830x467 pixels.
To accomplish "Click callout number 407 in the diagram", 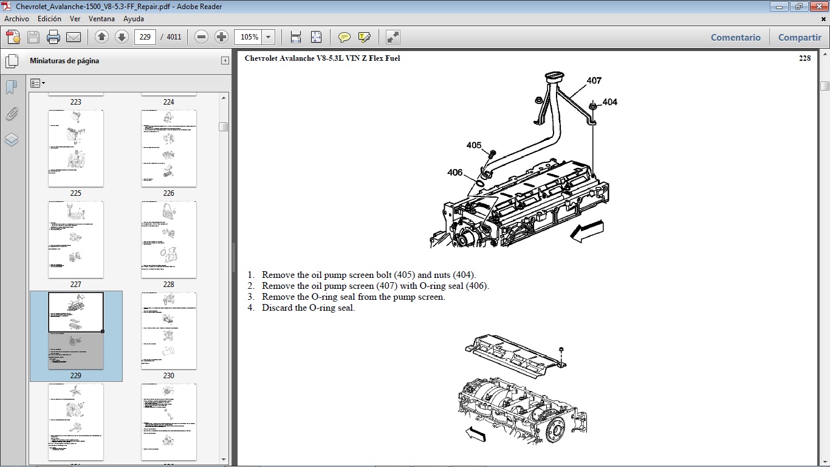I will tap(594, 80).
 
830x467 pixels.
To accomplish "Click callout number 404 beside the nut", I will tap(609, 102).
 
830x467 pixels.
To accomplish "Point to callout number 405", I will tap(474, 145).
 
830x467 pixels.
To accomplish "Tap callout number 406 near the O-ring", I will tap(455, 173).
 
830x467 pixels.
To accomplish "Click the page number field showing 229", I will tap(145, 37).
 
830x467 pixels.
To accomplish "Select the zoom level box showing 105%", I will tap(249, 37).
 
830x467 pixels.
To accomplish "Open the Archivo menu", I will tap(16, 19).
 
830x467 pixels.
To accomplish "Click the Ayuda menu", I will tap(133, 19).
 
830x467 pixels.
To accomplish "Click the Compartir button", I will tap(799, 37).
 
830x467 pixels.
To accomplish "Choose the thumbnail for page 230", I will tap(169, 331).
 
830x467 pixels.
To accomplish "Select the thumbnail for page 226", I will tap(169, 148).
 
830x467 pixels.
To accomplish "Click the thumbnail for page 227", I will tap(76, 240).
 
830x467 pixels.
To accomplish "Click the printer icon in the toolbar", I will tap(53, 37).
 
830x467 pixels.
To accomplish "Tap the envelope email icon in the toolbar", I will tap(74, 37).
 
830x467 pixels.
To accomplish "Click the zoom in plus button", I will tap(222, 37).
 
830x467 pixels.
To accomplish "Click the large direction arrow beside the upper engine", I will tap(588, 231).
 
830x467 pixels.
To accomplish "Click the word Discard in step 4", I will tap(276, 308).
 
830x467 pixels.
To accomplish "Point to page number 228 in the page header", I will tap(804, 58).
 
